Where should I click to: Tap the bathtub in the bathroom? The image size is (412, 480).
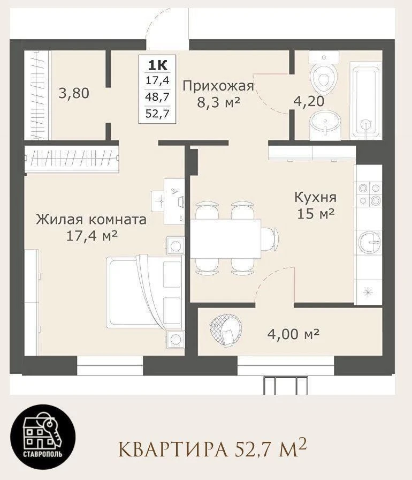point(366,100)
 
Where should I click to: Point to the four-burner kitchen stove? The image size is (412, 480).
point(369,193)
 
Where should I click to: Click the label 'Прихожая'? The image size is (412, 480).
point(218,86)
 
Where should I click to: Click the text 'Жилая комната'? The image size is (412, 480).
point(91,220)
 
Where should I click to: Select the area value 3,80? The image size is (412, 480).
point(74,93)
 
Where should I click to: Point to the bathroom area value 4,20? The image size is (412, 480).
point(309,101)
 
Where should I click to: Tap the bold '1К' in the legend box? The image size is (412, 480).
point(158,65)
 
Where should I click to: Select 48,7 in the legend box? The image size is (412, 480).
point(157,97)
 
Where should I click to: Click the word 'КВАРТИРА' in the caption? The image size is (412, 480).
point(173,449)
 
